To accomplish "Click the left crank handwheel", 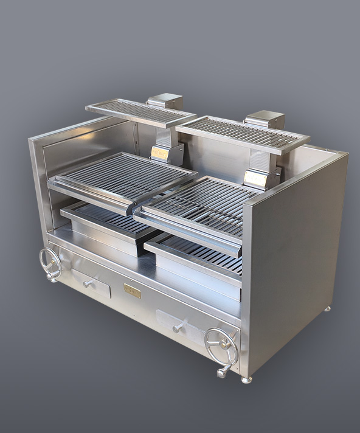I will point(50,263).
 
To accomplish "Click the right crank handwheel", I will point(221,344).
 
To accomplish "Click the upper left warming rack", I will point(140,113).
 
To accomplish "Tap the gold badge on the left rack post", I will point(161,154).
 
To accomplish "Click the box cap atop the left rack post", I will point(165,101).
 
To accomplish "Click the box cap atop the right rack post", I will point(265,119).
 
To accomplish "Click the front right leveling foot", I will point(246,379).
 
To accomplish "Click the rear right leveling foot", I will point(328,309).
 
